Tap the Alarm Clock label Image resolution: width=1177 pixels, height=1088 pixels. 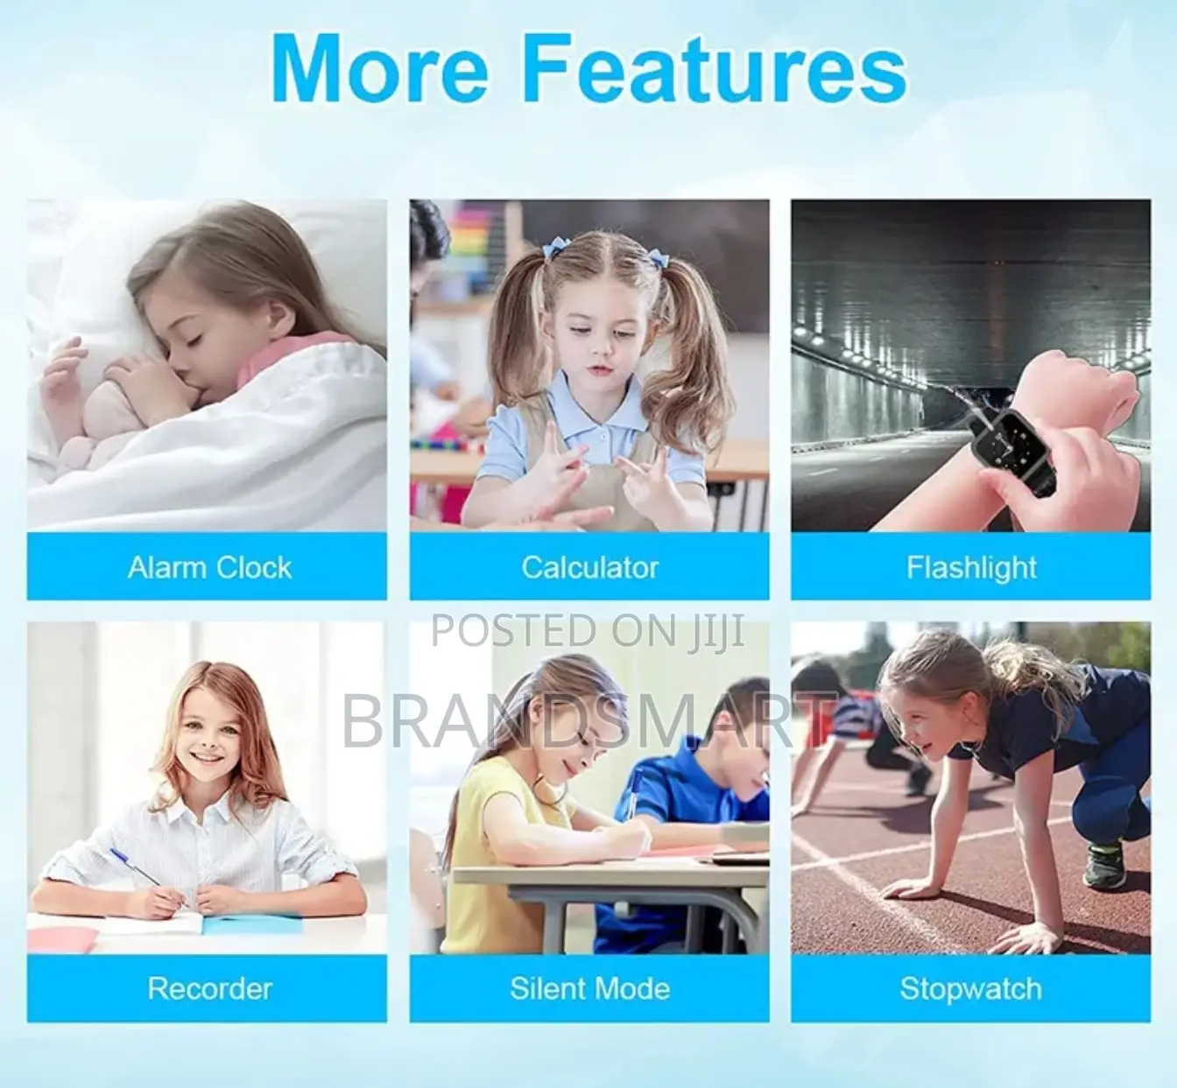tap(209, 567)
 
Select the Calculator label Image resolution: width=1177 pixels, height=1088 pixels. tap(589, 567)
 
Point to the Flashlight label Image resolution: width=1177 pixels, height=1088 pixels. tap(971, 567)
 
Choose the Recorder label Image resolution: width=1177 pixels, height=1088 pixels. tap(209, 989)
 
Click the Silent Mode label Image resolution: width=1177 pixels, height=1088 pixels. tap(589, 989)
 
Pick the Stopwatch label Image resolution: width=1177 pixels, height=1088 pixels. tap(971, 989)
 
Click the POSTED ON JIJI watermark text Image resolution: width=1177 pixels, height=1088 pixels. tap(588, 631)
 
